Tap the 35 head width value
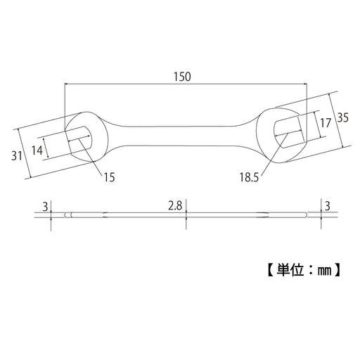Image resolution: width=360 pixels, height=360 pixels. pos(342,117)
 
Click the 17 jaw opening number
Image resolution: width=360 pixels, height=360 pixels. pos(325,124)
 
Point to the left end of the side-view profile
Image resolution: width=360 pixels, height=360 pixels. pos(65,215)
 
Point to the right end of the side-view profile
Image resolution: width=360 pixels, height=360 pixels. pos(307,215)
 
